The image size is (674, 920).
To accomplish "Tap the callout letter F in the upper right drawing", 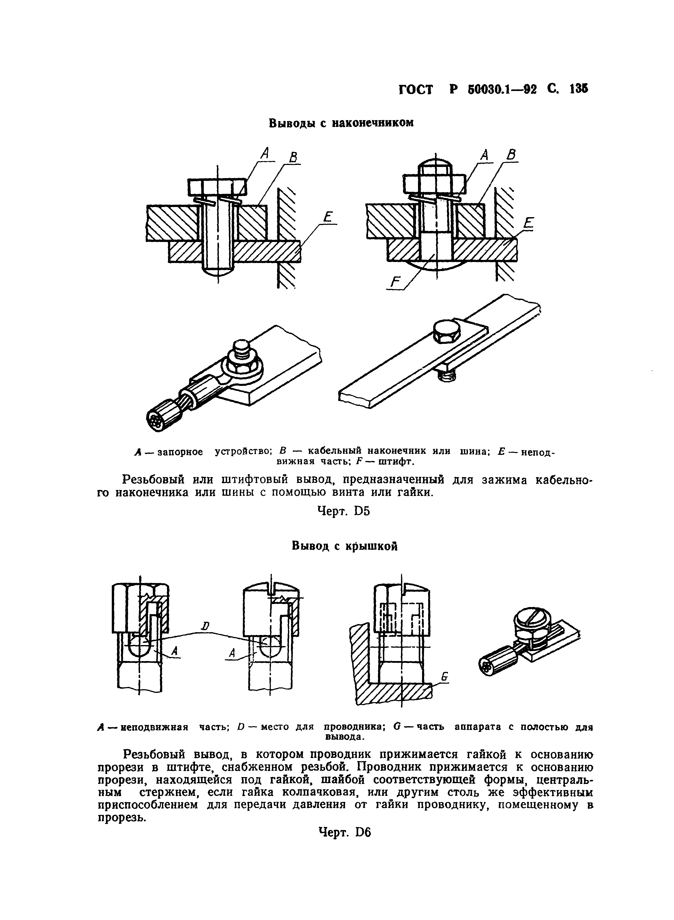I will (395, 282).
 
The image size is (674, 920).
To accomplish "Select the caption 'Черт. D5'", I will (343, 511).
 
